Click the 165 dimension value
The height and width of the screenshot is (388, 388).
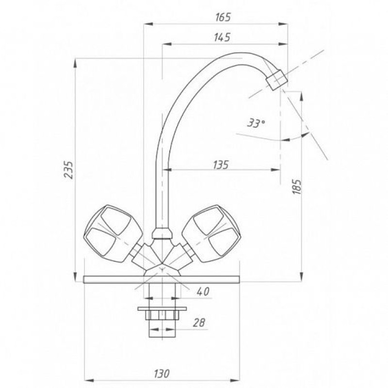(x=223, y=17)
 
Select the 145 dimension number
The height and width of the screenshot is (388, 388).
(x=222, y=37)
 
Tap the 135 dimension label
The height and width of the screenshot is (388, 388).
(x=221, y=164)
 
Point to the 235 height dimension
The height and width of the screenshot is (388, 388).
(x=68, y=170)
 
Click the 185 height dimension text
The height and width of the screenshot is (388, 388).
(x=297, y=186)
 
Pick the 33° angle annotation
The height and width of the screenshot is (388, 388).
(x=256, y=123)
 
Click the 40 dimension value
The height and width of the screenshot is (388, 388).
(x=203, y=291)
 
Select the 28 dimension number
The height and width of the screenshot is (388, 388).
(x=199, y=322)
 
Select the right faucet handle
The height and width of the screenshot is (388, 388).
(x=211, y=234)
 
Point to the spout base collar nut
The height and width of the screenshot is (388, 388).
(x=162, y=234)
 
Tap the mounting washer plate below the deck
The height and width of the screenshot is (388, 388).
(x=162, y=309)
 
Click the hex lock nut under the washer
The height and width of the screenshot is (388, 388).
(x=162, y=315)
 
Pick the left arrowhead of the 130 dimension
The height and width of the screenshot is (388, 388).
(x=89, y=380)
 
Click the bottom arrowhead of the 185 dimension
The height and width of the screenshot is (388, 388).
(x=301, y=276)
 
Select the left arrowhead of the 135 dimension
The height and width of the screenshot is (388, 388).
(x=167, y=170)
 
